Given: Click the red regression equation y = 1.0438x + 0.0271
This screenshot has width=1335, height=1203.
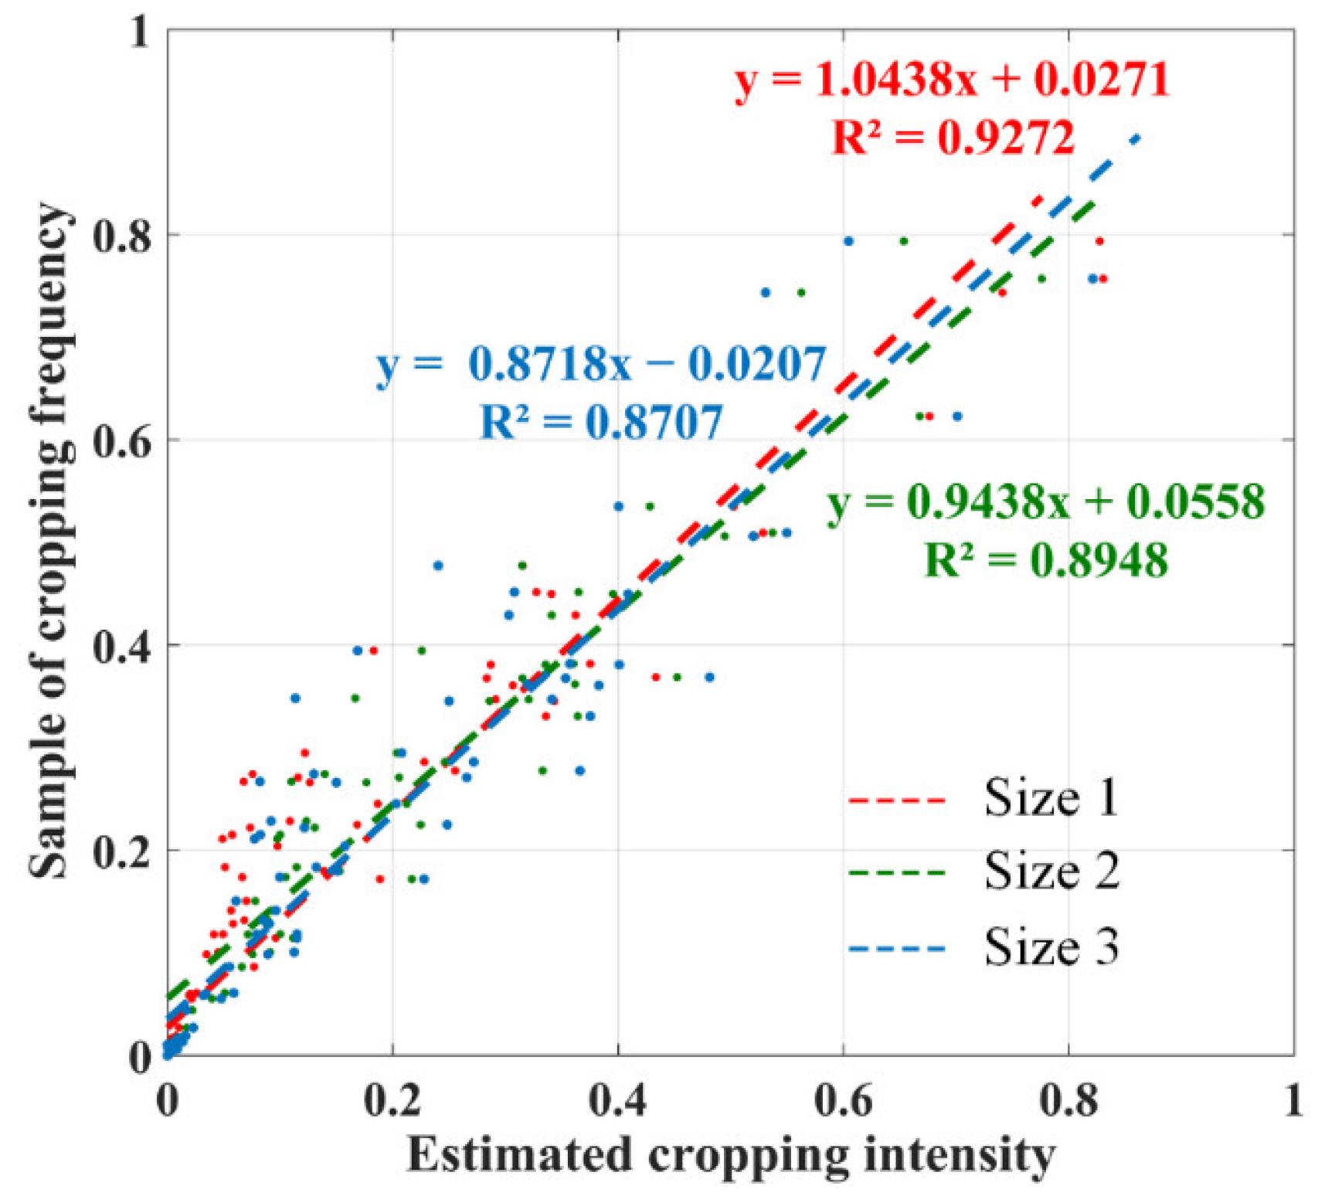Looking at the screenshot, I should click(x=952, y=80).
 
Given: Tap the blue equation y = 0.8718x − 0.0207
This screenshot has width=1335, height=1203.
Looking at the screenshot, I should click(x=601, y=364).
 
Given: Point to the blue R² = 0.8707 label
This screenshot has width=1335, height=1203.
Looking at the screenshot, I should click(x=601, y=422).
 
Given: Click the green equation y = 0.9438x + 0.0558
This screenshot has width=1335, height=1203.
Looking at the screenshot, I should click(x=1046, y=501).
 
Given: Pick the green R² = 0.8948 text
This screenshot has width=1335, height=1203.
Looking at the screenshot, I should click(x=1046, y=559).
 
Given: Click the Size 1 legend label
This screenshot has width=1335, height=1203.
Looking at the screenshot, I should click(x=1051, y=797).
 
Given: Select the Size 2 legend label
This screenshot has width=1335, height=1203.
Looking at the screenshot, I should click(x=1051, y=871).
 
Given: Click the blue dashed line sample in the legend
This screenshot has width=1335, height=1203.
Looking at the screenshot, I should click(x=896, y=948).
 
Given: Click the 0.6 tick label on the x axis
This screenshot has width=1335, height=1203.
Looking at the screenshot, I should click(x=844, y=1099).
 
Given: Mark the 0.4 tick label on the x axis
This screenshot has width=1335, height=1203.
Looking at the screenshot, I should click(x=618, y=1099).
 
